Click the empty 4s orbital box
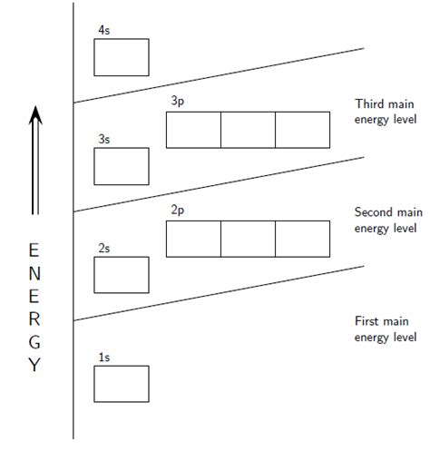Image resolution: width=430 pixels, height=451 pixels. pyautogui.click(x=122, y=57)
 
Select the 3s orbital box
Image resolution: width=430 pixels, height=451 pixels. pyautogui.click(x=122, y=166)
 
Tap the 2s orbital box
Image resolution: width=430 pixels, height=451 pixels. pyautogui.click(x=122, y=275)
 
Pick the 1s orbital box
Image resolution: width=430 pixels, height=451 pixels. pyautogui.click(x=122, y=383)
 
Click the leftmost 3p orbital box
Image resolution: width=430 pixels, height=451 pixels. pyautogui.click(x=193, y=130)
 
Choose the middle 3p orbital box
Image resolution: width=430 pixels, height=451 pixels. pyautogui.click(x=248, y=130)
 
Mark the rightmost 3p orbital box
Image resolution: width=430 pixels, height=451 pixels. pyautogui.click(x=302, y=130)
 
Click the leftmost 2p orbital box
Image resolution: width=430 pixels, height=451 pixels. pyautogui.click(x=193, y=239)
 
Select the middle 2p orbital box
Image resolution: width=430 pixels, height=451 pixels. pyautogui.click(x=248, y=239)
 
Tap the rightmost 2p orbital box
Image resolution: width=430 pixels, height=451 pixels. pyautogui.click(x=302, y=239)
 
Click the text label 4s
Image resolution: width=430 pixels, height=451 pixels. pyautogui.click(x=103, y=30)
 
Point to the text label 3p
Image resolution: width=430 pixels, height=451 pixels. pyautogui.click(x=176, y=102)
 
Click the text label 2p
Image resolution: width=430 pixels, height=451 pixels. pyautogui.click(x=176, y=211)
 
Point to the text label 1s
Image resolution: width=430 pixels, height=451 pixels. pyautogui.click(x=103, y=357)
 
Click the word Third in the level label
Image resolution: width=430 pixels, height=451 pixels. pyautogui.click(x=370, y=103)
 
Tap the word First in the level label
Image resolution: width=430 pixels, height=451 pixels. pyautogui.click(x=369, y=321)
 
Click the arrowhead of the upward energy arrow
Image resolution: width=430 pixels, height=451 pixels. pyautogui.click(x=34, y=114)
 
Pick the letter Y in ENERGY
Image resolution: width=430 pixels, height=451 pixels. pyautogui.click(x=34, y=366)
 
